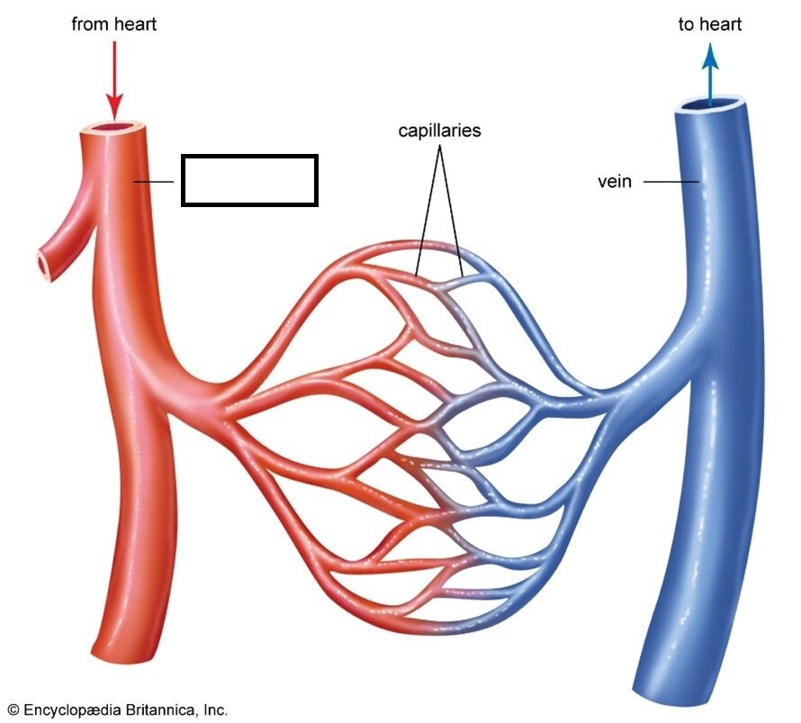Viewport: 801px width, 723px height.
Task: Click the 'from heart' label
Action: pos(114,24)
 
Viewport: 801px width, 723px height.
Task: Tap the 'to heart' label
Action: pos(709,24)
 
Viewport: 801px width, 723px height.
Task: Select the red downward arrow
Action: pos(114,81)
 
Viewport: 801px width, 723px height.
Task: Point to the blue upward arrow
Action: pos(710,75)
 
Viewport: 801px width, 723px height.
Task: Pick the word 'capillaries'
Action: pos(439,131)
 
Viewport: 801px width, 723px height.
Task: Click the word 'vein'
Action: pos(615,181)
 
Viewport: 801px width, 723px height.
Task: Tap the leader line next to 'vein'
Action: pos(671,181)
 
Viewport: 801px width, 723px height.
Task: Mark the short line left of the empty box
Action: pos(153,181)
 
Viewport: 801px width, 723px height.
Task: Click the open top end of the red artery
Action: pos(115,128)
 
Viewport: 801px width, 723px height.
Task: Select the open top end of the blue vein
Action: pos(709,104)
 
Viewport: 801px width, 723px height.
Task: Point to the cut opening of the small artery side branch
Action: pos(44,264)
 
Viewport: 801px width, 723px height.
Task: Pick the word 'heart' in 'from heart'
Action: pos(134,24)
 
